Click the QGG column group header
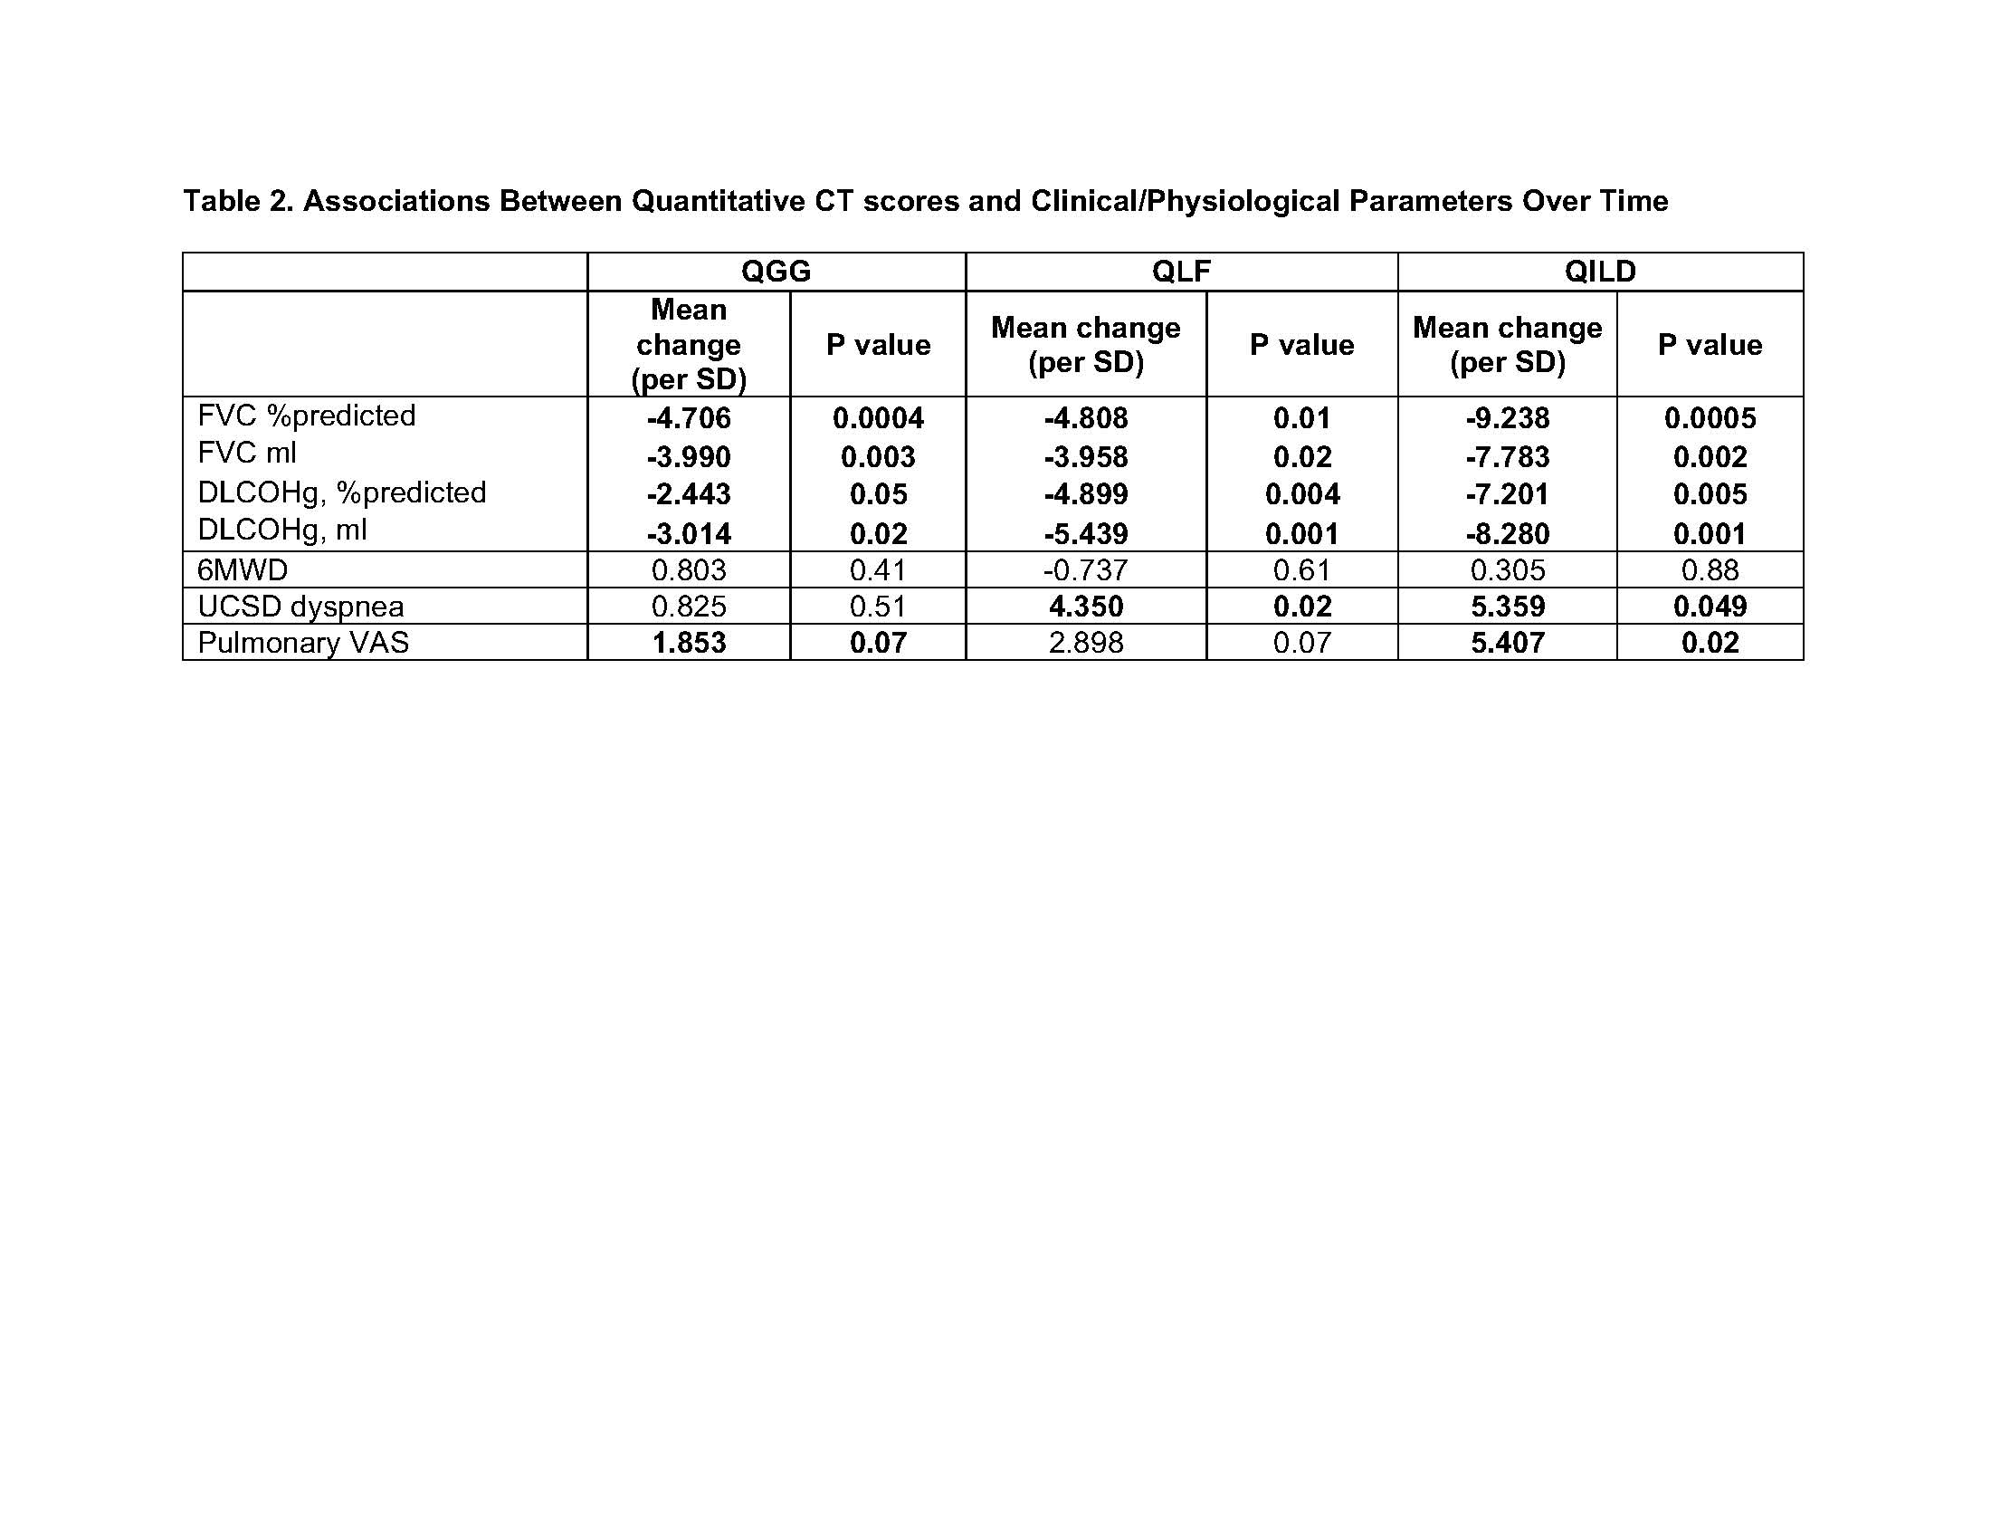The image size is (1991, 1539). (776, 272)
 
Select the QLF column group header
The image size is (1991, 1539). (1180, 272)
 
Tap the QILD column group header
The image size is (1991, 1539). (1600, 272)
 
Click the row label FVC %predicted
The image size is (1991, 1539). (306, 416)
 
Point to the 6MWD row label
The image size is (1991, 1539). (243, 569)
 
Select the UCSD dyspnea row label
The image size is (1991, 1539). (300, 607)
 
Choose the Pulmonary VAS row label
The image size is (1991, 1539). (302, 643)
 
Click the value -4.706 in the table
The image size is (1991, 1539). (689, 418)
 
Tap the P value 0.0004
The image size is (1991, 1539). (878, 418)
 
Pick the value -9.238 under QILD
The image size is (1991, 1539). (1507, 418)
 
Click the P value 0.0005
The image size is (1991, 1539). (1710, 418)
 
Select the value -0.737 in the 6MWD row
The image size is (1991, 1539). (1086, 569)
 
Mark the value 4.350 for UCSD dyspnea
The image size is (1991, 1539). (1086, 607)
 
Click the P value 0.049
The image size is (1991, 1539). (1710, 607)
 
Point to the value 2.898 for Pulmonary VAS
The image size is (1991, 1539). (1086, 643)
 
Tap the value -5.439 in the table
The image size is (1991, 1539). (1086, 533)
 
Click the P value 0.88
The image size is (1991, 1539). (1710, 569)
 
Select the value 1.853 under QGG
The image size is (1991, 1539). (689, 643)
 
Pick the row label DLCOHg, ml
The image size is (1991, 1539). (281, 530)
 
